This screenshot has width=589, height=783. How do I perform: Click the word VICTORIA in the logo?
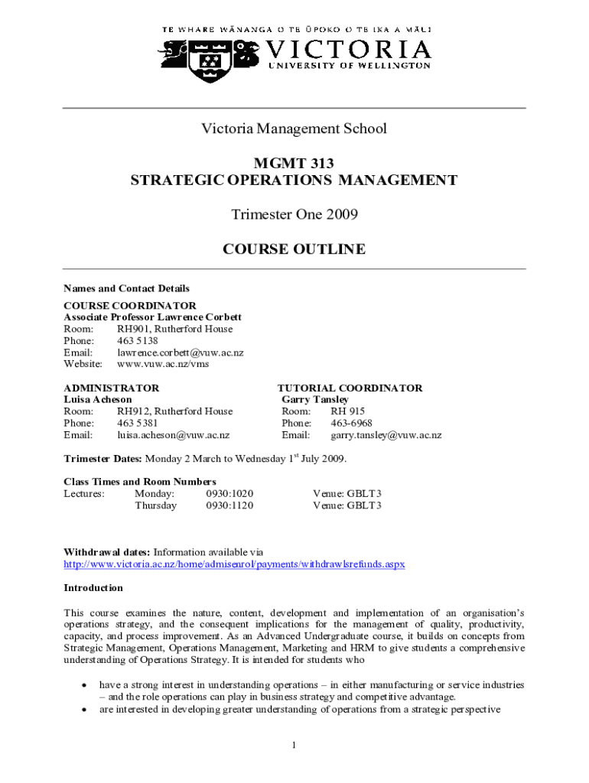click(349, 50)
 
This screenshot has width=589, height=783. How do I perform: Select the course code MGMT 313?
click(294, 162)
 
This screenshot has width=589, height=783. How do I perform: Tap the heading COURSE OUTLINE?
click(294, 249)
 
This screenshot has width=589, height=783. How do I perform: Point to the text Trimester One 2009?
click(294, 215)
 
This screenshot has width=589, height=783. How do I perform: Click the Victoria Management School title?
click(294, 128)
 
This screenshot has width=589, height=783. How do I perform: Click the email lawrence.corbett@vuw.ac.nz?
click(180, 353)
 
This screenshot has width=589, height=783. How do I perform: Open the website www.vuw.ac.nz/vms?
click(162, 364)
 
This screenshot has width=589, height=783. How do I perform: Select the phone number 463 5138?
click(138, 341)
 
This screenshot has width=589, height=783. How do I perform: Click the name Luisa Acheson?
click(97, 400)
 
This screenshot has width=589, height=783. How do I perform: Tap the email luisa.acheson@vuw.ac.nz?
click(173, 435)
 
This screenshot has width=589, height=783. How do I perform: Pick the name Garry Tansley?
click(315, 400)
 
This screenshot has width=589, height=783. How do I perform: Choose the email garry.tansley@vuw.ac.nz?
click(386, 435)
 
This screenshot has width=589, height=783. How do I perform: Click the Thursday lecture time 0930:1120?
click(229, 505)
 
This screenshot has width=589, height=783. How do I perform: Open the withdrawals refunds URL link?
click(233, 564)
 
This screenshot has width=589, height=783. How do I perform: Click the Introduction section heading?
click(93, 588)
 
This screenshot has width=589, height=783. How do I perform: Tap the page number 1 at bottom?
click(294, 746)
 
